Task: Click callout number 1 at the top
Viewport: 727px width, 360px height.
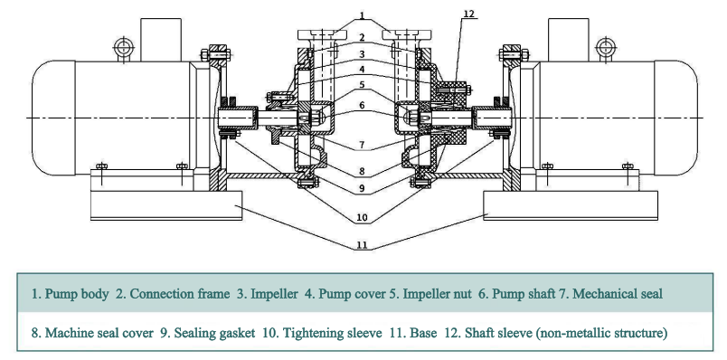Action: pyautogui.click(x=362, y=15)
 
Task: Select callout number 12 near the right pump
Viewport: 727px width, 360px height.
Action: pyautogui.click(x=468, y=14)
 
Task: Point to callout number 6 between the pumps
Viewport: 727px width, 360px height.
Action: pyautogui.click(x=362, y=105)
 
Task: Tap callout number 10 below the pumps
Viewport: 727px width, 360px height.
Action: pyautogui.click(x=362, y=218)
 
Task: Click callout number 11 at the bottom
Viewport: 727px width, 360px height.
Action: pyautogui.click(x=362, y=245)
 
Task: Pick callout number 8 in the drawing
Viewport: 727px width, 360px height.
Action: pyautogui.click(x=362, y=171)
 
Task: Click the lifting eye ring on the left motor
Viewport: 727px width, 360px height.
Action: pyautogui.click(x=123, y=46)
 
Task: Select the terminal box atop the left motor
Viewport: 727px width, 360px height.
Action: pyautogui.click(x=161, y=40)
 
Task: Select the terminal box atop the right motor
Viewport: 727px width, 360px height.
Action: pyautogui.click(x=568, y=40)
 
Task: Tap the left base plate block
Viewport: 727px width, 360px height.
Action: pyautogui.click(x=166, y=205)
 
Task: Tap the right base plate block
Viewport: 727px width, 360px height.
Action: pyautogui.click(x=571, y=205)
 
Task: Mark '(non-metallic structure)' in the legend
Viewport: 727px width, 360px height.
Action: pyautogui.click(x=601, y=333)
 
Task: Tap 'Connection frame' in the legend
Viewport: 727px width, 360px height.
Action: pyautogui.click(x=179, y=294)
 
